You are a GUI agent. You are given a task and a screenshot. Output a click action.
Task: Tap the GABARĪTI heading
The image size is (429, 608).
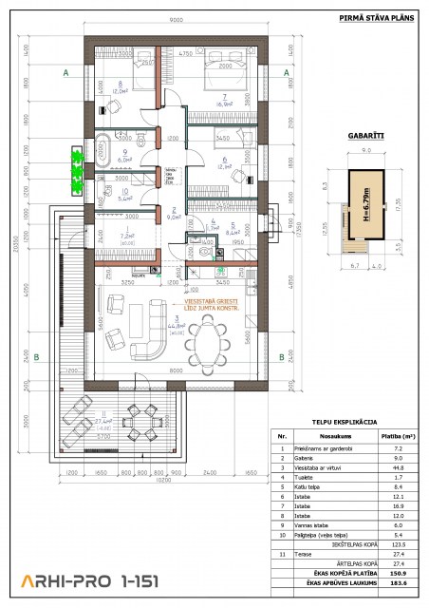click(365, 134)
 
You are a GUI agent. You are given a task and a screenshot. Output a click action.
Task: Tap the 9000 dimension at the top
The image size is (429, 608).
click(177, 21)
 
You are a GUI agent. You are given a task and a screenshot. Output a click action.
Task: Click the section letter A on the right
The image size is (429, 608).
click(286, 72)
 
